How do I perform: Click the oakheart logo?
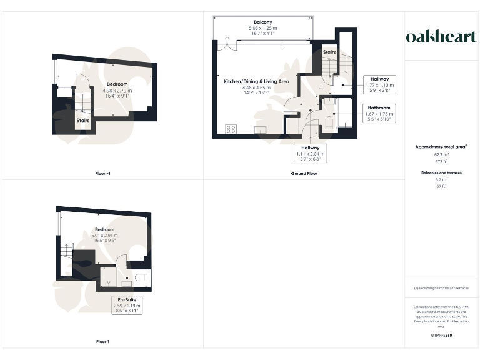coord(441,37)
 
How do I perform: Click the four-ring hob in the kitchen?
coord(231,129)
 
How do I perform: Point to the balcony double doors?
coord(224,44)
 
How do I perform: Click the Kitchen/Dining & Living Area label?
coord(256,81)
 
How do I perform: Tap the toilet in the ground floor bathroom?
coord(329,122)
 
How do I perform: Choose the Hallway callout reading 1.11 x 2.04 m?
coord(311,153)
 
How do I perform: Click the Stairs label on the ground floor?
coord(329,52)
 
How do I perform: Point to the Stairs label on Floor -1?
coord(82,119)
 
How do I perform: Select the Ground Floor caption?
coord(304,173)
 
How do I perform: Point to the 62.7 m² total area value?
coord(441,154)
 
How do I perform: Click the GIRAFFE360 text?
coord(441,336)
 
